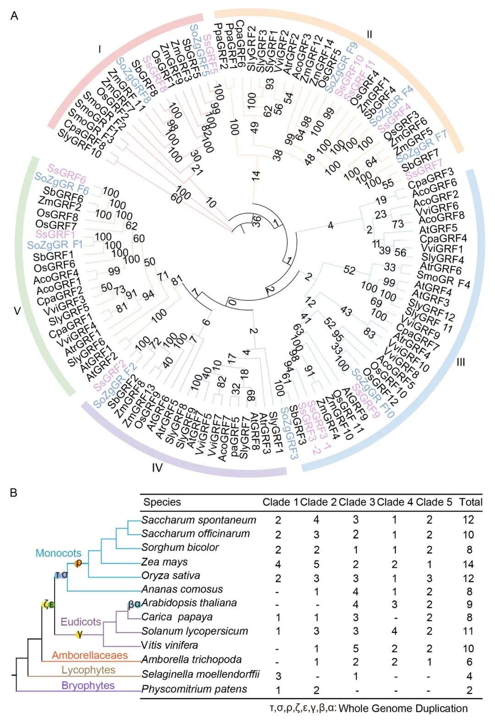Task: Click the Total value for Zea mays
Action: pyautogui.click(x=468, y=564)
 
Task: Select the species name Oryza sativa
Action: pyautogui.click(x=170, y=575)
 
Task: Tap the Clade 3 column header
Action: pyautogui.click(x=356, y=502)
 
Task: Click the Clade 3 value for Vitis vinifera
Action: pyautogui.click(x=356, y=648)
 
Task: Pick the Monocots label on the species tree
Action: pyautogui.click(x=58, y=553)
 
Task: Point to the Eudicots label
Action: pyautogui.click(x=81, y=622)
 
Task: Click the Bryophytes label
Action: pyautogui.click(x=88, y=685)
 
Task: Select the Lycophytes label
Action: pyautogui.click(x=88, y=670)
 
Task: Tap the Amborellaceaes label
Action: pyautogui.click(x=89, y=655)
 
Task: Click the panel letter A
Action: pyautogui.click(x=14, y=16)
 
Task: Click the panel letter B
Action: pyautogui.click(x=13, y=493)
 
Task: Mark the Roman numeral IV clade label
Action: pyautogui.click(x=157, y=468)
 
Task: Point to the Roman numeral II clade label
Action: pyautogui.click(x=369, y=34)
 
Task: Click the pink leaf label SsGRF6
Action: pyautogui.click(x=67, y=173)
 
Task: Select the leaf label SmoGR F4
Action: pyautogui.click(x=443, y=280)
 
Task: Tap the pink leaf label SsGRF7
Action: pyautogui.click(x=423, y=168)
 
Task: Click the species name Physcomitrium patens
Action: pyautogui.click(x=194, y=689)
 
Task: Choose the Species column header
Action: pyautogui.click(x=162, y=502)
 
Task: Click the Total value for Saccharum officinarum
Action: pyautogui.click(x=468, y=535)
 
